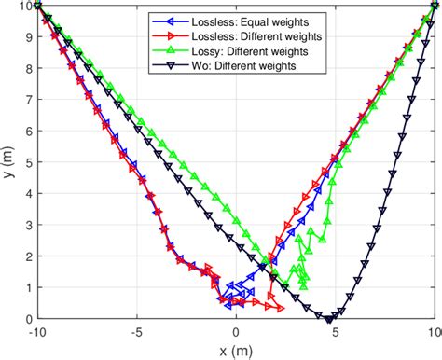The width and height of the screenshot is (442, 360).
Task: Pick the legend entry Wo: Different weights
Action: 240,65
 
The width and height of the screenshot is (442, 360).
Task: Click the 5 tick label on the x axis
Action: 337,331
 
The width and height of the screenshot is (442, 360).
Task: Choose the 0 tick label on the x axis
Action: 237,331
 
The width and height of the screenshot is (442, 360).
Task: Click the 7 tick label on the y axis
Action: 29,99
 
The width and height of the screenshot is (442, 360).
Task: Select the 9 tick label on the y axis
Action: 29,36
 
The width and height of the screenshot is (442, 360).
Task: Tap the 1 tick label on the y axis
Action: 29,287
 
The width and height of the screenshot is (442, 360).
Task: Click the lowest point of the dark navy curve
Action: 329,318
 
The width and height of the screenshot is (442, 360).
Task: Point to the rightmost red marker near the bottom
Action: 279,306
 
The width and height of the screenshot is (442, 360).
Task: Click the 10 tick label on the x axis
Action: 434,331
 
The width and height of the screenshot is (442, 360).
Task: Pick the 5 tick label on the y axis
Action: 29,161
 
